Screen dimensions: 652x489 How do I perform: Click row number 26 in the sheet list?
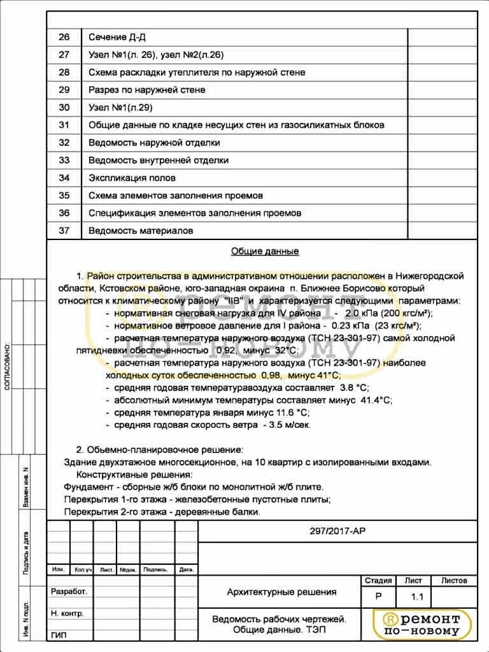pos(64,37)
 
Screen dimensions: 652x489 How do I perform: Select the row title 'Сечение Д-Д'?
pos(122,37)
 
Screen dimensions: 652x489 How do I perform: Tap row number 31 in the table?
pos(64,125)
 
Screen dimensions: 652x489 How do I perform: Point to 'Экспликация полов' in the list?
pos(132,178)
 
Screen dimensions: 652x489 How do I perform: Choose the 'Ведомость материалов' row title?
pos(141,230)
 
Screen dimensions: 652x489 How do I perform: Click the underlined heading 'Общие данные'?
pos(264,252)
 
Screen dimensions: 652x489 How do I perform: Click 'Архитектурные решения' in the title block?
pos(281,592)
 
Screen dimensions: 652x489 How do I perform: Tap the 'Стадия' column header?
pos(378,581)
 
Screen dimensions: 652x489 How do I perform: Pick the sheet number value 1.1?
pos(417,598)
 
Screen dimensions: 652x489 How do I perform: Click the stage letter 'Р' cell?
pos(379,598)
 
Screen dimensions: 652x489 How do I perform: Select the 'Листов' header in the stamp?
pos(454,581)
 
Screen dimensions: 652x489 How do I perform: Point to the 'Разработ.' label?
pos(69,592)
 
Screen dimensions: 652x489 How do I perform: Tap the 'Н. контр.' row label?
pos(67,613)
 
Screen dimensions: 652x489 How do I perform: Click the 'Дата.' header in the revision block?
pos(186,569)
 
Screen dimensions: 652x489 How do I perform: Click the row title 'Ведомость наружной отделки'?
pos(154,143)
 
